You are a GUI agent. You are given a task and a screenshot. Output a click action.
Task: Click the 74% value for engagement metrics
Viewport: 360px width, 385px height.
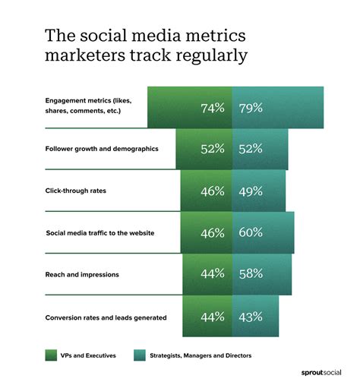[213, 108]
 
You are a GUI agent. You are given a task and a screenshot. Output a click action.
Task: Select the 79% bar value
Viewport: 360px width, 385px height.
[250, 108]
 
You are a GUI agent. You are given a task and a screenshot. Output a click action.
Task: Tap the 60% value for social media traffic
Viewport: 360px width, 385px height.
[250, 232]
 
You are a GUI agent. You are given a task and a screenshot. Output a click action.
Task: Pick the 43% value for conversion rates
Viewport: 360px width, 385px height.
[250, 317]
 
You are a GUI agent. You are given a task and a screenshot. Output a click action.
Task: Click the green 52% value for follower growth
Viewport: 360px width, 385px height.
[213, 150]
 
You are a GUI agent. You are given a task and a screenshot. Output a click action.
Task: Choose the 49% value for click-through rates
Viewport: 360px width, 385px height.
[250, 191]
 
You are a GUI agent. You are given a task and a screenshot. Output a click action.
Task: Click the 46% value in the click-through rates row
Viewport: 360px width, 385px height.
[213, 191]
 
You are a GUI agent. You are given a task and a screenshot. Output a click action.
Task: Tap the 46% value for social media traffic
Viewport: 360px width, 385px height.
[213, 232]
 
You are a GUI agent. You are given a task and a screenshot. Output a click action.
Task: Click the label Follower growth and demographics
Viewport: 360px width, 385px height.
[102, 149]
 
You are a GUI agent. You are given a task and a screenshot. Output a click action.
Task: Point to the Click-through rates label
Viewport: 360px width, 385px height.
[76, 191]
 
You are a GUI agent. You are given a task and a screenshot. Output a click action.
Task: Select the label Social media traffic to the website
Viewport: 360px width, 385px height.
[99, 232]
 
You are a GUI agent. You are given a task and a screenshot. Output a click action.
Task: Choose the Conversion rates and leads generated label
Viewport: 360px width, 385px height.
[106, 317]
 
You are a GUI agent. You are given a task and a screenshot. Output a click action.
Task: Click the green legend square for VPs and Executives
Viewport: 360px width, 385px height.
[52, 355]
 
